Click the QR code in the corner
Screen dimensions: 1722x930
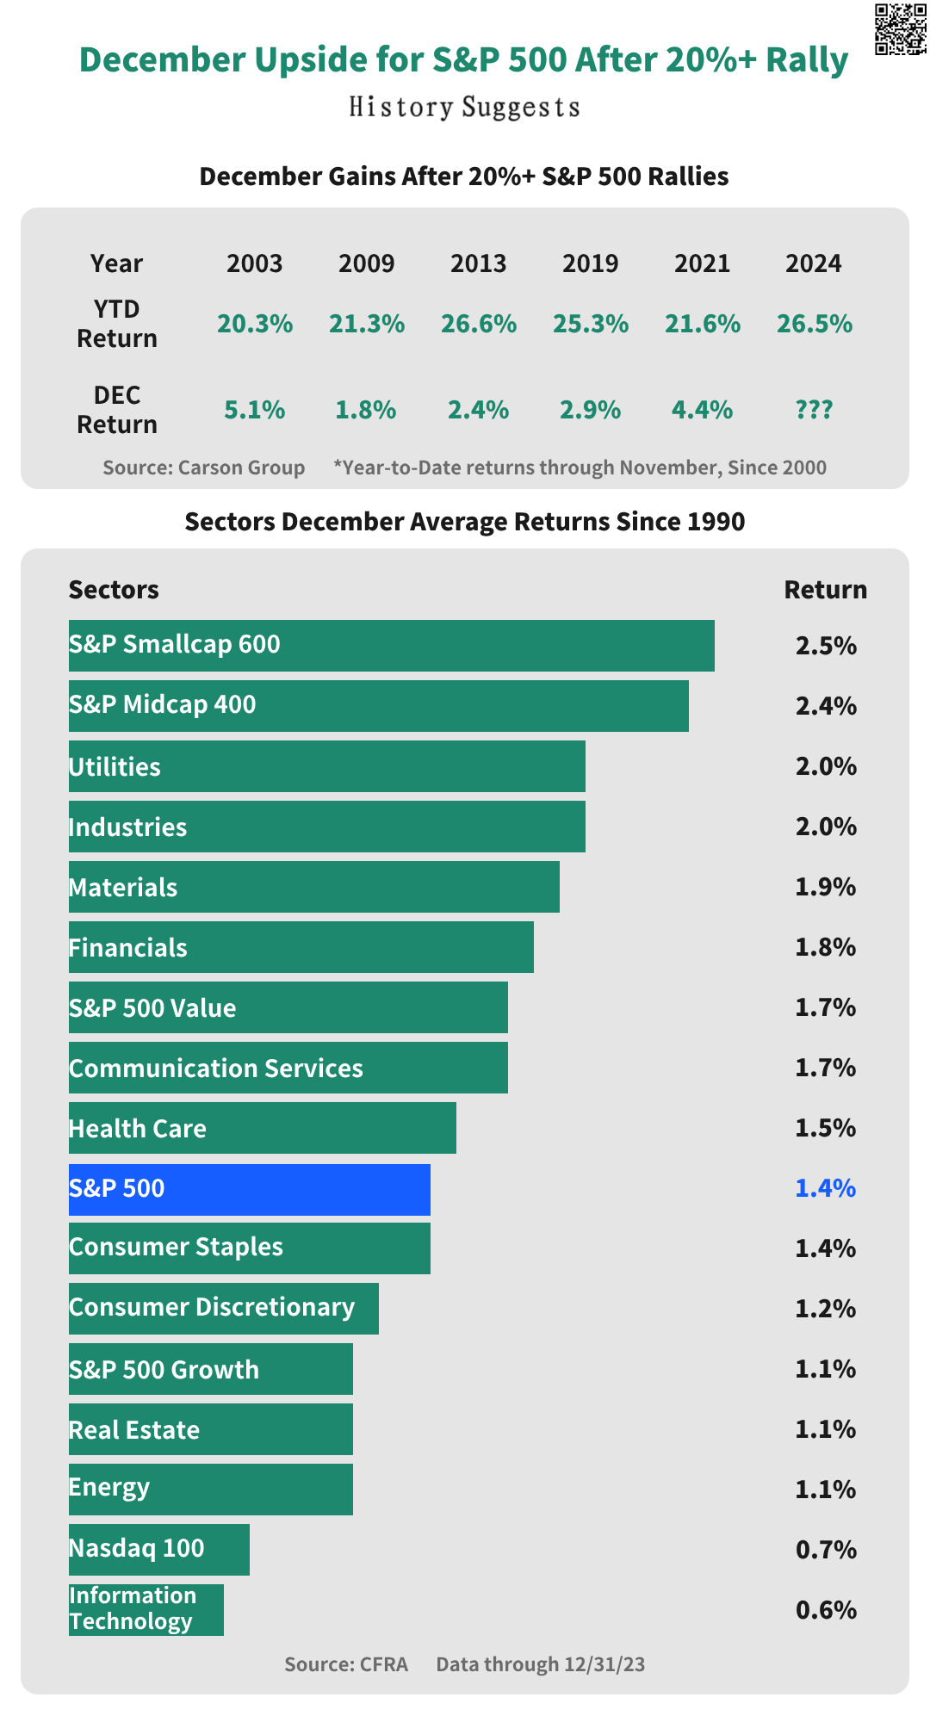[901, 29]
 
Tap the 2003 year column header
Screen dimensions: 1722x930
[254, 263]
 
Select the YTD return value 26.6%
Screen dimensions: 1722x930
[479, 324]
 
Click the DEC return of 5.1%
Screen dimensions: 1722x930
[254, 410]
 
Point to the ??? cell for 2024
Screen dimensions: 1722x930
[814, 410]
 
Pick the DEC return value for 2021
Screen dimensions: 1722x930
[702, 410]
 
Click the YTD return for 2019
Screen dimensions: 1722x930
[591, 324]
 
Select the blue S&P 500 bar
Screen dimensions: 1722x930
[250, 1189]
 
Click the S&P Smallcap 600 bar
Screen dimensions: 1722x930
[392, 646]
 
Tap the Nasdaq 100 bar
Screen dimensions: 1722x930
[159, 1550]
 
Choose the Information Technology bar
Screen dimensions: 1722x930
[146, 1609]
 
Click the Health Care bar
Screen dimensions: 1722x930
[263, 1128]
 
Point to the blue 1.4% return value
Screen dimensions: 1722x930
[825, 1188]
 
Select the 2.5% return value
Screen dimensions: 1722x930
[825, 646]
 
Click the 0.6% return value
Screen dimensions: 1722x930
[825, 1610]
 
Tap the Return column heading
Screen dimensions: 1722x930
[825, 590]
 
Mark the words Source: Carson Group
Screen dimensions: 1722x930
[203, 468]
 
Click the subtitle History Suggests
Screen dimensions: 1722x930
[464, 108]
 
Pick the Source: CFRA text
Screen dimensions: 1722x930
[346, 1663]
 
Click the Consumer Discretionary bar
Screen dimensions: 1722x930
[224, 1309]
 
